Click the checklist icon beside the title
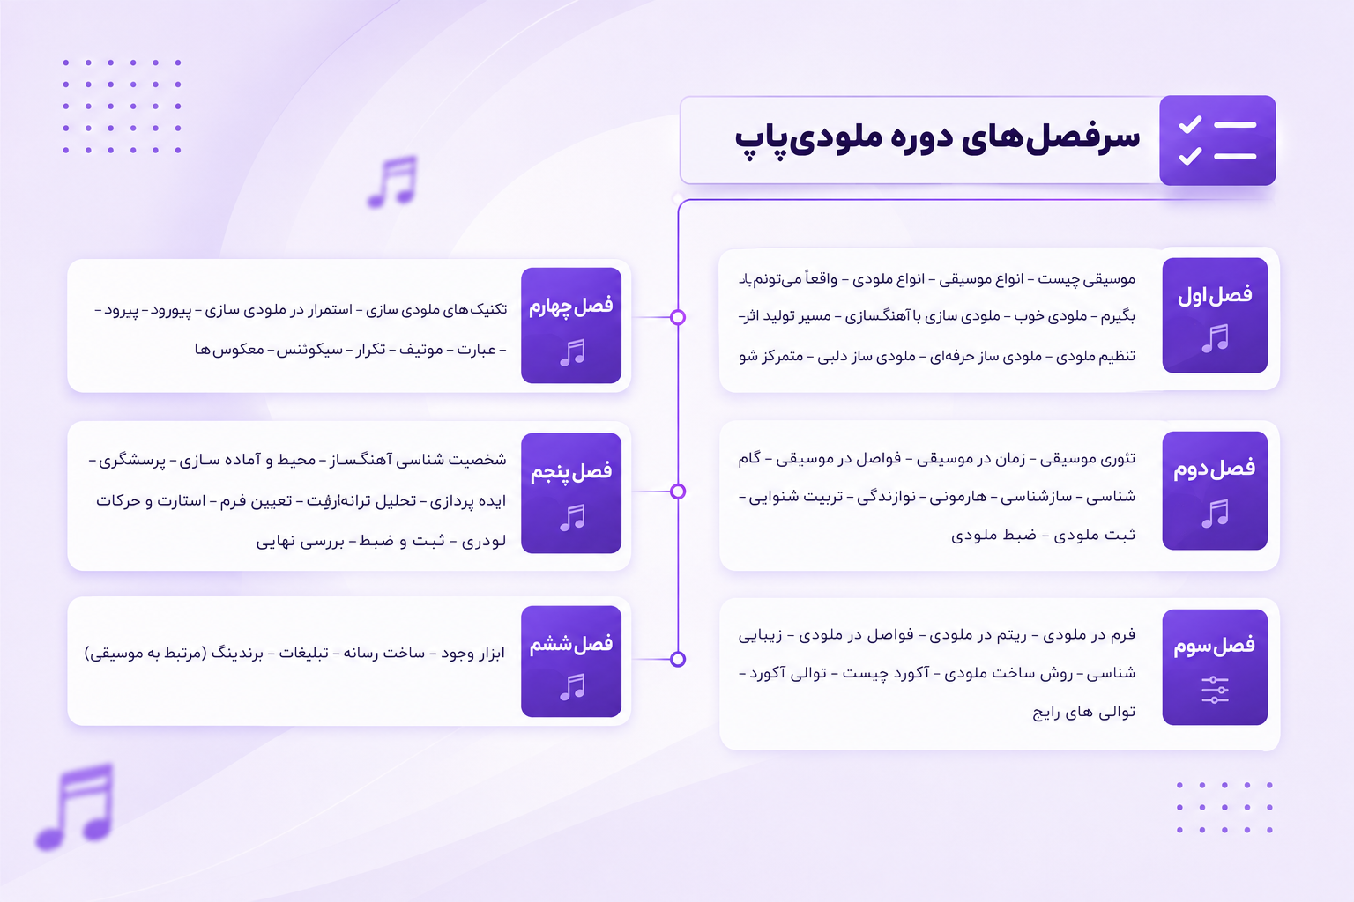point(1216,140)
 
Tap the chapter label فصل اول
point(1215,296)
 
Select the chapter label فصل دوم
point(1214,469)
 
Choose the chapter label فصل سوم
point(1214,646)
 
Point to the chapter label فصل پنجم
point(571,472)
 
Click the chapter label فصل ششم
point(571,645)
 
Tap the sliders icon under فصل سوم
point(1215,690)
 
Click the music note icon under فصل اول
point(1215,338)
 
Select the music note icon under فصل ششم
point(572,687)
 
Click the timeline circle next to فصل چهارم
point(678,317)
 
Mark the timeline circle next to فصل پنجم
point(678,492)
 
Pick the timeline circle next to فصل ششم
point(678,659)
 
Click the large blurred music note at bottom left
point(75,807)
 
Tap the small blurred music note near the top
point(392,181)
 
